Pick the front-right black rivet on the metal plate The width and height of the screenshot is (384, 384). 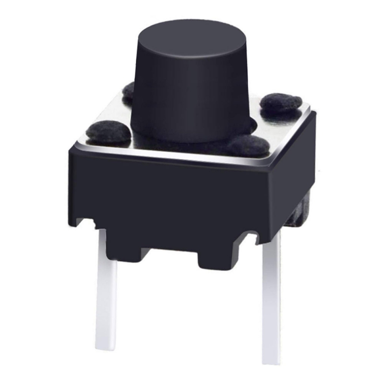(x=248, y=145)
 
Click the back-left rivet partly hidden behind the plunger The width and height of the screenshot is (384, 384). (x=129, y=91)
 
